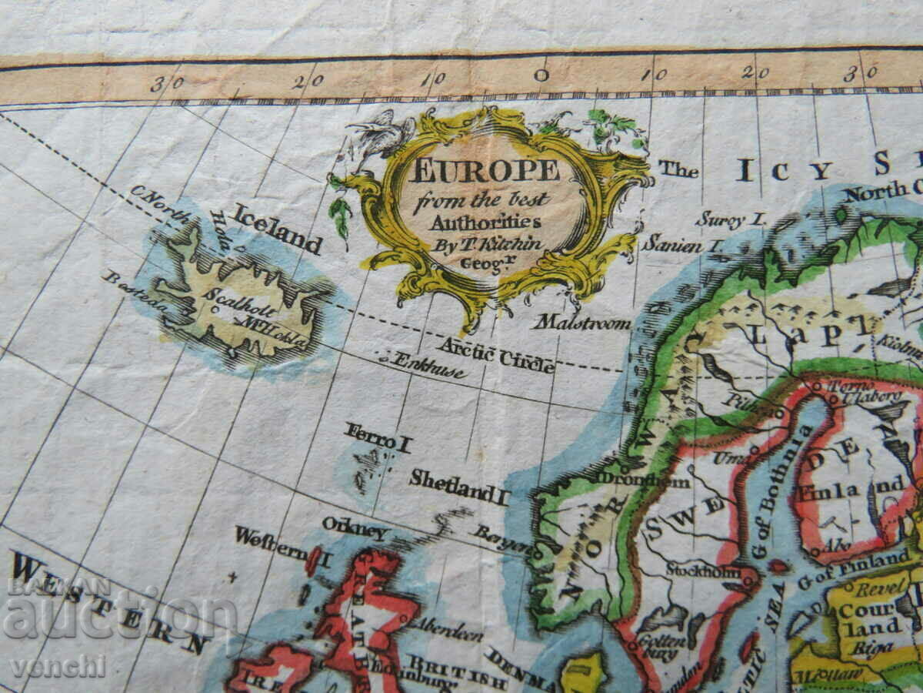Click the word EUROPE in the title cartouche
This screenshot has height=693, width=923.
(x=485, y=170)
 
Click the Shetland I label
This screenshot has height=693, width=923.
(x=459, y=487)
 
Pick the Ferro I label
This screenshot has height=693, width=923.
(x=378, y=437)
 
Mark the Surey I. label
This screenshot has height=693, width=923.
(x=731, y=219)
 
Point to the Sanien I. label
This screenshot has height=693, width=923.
(x=683, y=245)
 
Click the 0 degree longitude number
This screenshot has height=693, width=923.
(x=541, y=75)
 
